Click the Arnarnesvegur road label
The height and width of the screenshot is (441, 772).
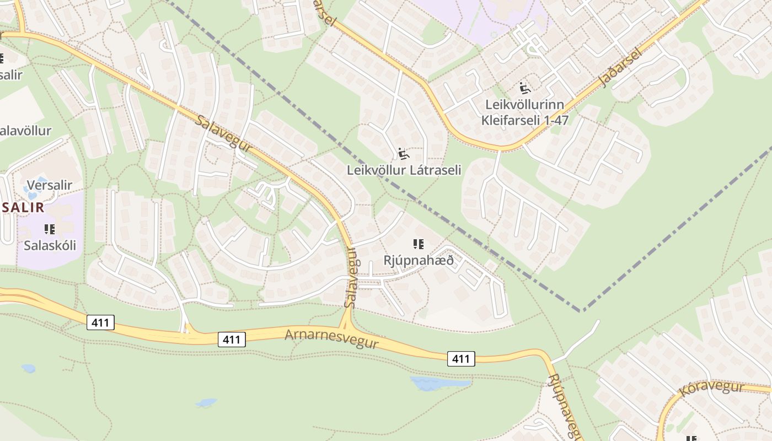tap(331, 338)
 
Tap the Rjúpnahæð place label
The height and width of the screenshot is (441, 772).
tap(419, 260)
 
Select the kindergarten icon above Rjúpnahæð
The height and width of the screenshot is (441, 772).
tap(419, 244)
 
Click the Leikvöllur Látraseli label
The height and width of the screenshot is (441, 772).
tap(404, 170)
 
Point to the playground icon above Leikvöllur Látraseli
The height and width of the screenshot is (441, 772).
tap(403, 153)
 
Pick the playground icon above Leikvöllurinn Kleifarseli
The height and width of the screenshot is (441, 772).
tap(524, 87)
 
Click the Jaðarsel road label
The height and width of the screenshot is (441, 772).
tap(620, 68)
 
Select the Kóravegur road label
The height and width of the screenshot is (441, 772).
tap(711, 388)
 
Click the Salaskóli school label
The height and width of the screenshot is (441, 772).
tap(50, 245)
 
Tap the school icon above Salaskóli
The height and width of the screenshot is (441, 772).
tap(50, 229)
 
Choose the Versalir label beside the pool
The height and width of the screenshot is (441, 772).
tap(49, 185)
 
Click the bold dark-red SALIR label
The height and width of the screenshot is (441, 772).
tap(23, 207)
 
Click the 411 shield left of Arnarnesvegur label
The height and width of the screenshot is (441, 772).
tap(232, 340)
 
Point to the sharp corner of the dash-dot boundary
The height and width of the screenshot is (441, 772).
tap(582, 311)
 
